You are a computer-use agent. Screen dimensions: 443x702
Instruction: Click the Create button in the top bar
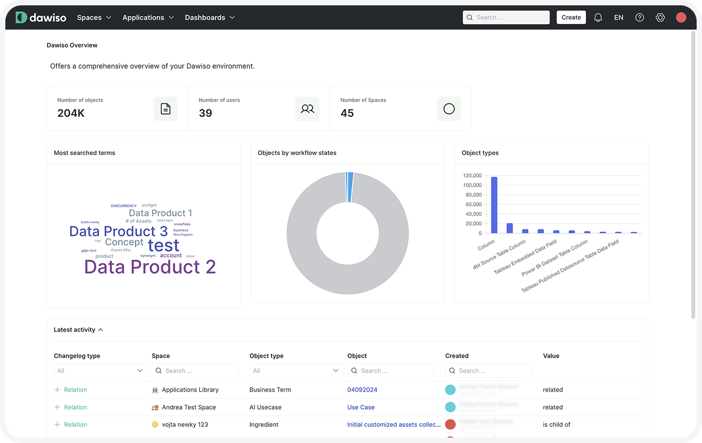571,17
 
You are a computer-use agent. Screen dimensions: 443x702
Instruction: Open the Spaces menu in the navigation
94,17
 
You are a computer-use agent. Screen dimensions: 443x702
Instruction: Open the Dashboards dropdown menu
210,17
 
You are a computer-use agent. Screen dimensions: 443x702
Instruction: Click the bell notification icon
598,17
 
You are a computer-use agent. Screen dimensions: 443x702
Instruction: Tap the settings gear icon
660,17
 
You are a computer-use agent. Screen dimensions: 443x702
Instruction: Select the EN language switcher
618,17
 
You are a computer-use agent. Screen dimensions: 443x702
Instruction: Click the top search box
506,17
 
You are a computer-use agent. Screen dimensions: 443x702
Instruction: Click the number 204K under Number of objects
71,113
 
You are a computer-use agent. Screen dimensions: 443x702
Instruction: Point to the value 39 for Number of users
205,113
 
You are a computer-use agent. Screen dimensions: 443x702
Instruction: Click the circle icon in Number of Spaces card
449,109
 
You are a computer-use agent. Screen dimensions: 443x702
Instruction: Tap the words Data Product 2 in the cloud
150,267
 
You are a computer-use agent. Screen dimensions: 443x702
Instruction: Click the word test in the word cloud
163,245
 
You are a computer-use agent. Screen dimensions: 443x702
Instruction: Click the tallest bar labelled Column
494,205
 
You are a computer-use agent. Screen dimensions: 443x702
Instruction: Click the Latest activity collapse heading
78,330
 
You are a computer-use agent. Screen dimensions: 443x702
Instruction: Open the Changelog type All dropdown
100,371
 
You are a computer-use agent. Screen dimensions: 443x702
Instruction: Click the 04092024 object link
362,390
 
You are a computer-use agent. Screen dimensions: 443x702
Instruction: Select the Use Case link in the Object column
361,407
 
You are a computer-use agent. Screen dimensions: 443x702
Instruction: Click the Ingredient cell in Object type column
264,424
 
